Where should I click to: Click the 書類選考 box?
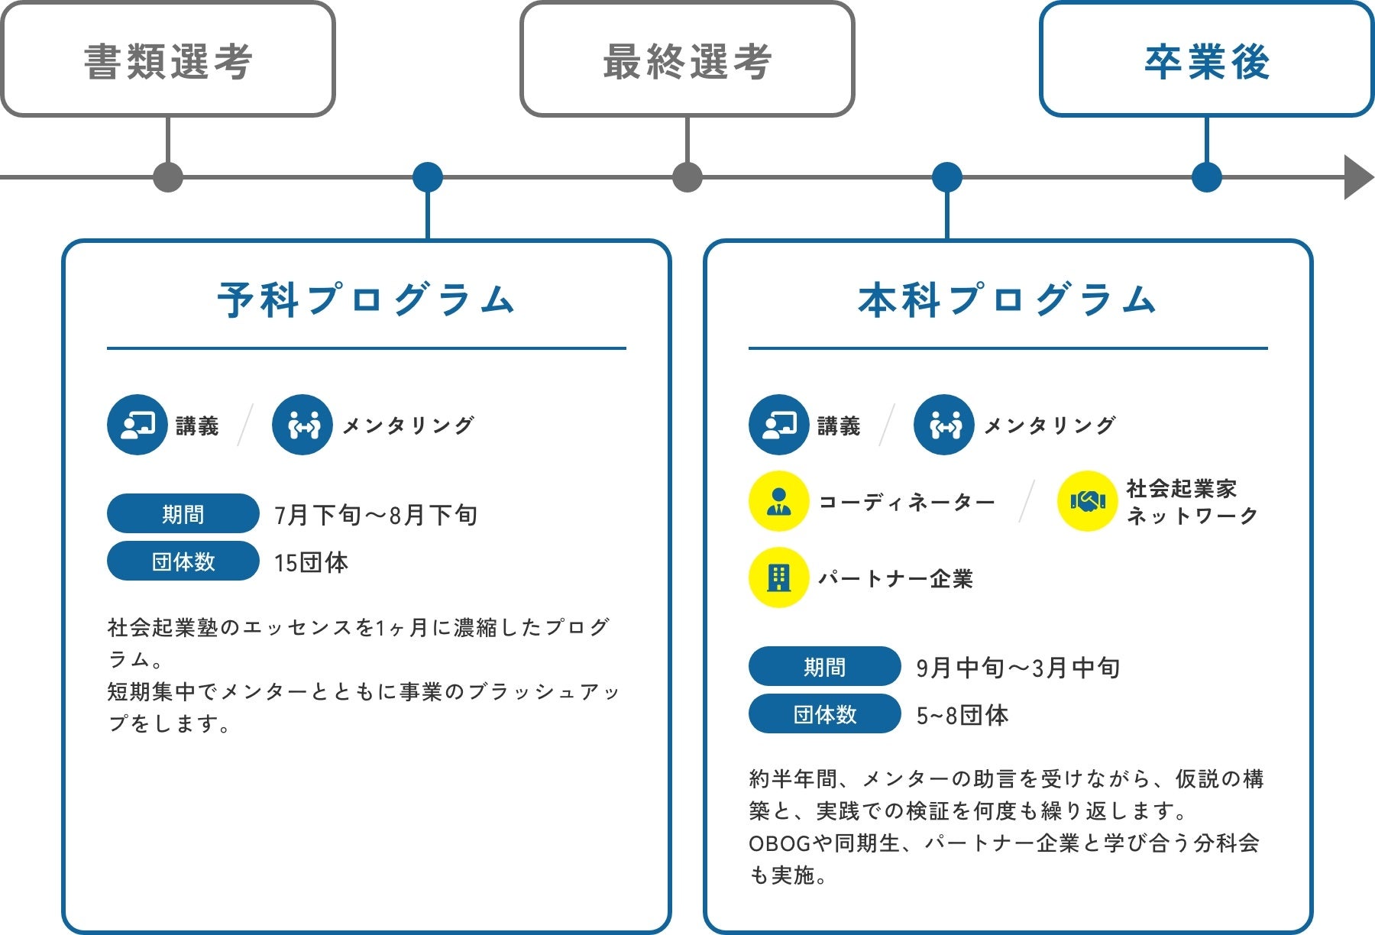[x=167, y=60]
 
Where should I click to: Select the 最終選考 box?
[x=687, y=60]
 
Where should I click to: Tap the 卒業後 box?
[x=1206, y=60]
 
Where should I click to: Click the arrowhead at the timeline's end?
[x=1357, y=177]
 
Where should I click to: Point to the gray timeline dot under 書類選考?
[x=168, y=177]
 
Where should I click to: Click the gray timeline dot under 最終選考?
[x=687, y=177]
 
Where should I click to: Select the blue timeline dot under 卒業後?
[x=1207, y=177]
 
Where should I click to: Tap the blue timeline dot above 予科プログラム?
[x=428, y=177]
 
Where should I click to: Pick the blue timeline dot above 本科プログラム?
[x=947, y=177]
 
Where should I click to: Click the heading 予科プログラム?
[x=366, y=299]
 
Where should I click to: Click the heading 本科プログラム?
[x=1008, y=299]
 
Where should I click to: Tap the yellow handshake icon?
[x=1088, y=501]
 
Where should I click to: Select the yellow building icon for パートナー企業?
[x=778, y=577]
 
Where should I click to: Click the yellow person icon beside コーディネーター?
[x=778, y=501]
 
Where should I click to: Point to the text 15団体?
[x=311, y=562]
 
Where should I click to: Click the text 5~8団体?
[x=962, y=715]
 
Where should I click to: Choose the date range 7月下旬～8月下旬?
[x=376, y=515]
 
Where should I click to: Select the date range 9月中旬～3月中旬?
[x=1017, y=668]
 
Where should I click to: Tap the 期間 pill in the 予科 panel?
[x=183, y=513]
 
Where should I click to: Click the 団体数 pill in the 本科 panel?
[x=825, y=713]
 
